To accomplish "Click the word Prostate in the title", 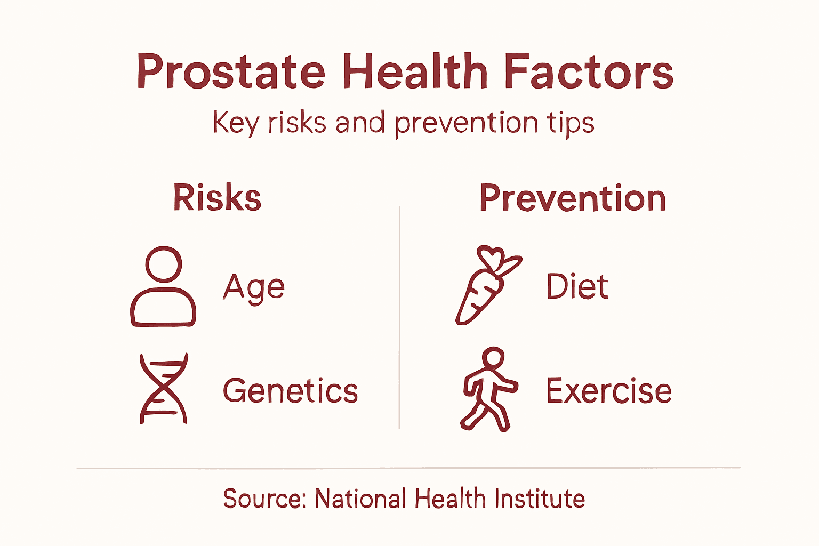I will click(230, 72).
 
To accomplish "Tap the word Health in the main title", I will click(415, 72).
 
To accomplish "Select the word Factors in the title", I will click(588, 72).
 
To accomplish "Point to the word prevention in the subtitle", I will click(466, 124).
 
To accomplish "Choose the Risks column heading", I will click(217, 198).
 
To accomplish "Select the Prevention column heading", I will click(573, 198).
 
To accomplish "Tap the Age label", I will click(254, 287).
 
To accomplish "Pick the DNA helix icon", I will click(163, 389).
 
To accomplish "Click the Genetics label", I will click(290, 391).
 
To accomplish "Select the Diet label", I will click(577, 287).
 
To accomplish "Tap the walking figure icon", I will click(488, 389).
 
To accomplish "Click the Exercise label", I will click(608, 391).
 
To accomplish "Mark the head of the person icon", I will click(164, 264).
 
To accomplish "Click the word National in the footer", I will click(360, 499).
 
